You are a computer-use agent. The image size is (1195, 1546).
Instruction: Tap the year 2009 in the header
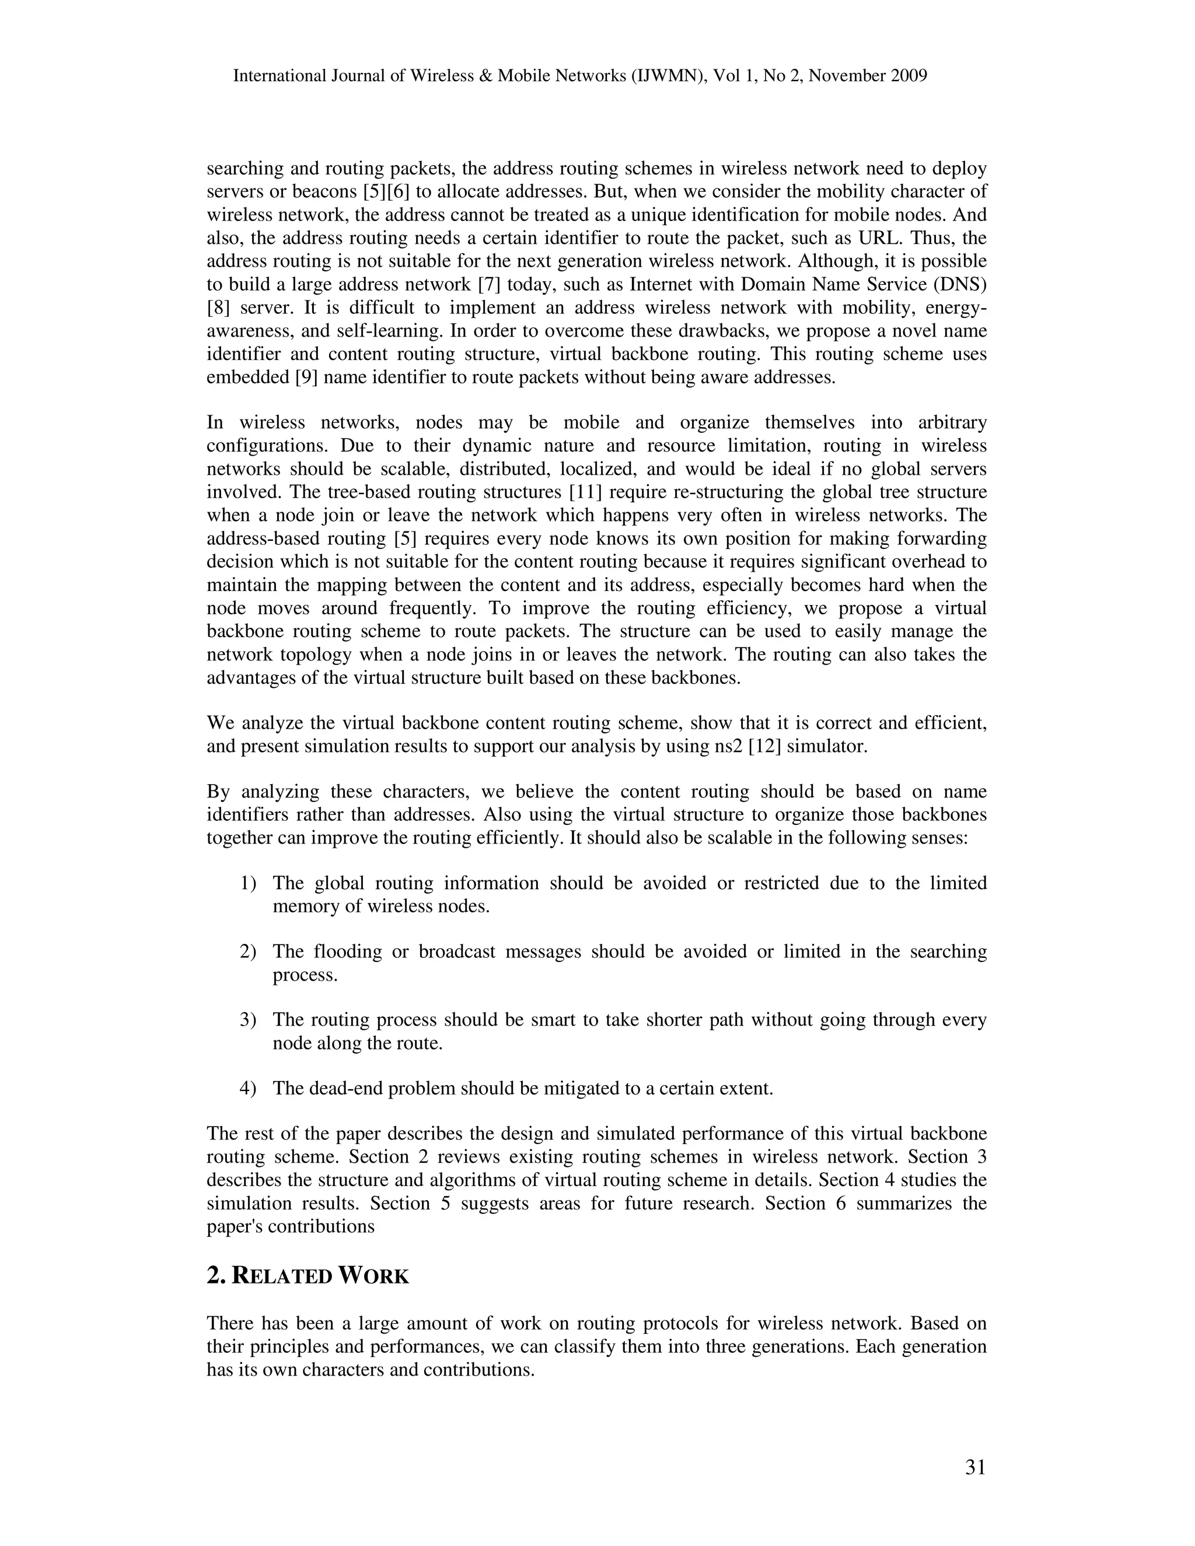coord(909,76)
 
